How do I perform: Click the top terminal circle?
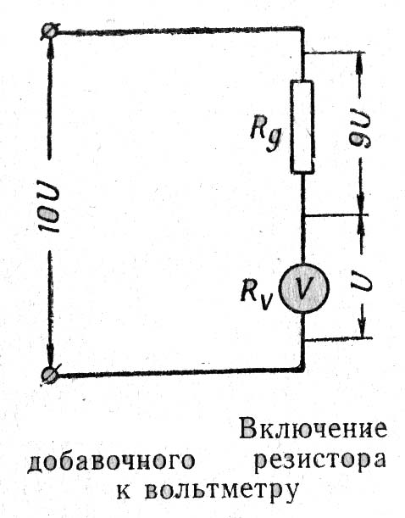[x=50, y=32]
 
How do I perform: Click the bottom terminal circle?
[x=50, y=375]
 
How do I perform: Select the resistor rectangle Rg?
[x=302, y=126]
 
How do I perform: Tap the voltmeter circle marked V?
[x=303, y=287]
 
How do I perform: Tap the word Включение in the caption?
[x=313, y=430]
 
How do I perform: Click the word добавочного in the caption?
[x=111, y=461]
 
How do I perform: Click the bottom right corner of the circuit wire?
[x=302, y=370]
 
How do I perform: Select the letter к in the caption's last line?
[x=124, y=490]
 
